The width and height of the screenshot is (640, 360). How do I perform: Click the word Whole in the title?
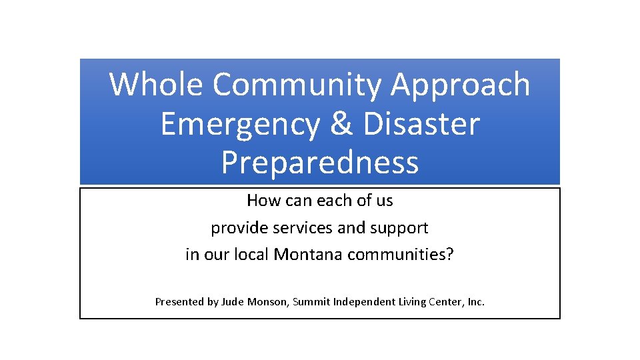click(156, 85)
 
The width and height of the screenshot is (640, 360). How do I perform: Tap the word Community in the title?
click(298, 85)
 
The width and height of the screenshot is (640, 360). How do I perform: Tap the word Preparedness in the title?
click(320, 163)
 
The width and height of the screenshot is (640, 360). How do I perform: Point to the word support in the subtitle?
click(399, 228)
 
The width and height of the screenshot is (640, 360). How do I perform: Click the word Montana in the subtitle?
click(309, 254)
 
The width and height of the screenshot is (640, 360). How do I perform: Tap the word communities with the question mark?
click(400, 254)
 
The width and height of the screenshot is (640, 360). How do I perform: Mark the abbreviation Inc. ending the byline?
click(476, 301)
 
